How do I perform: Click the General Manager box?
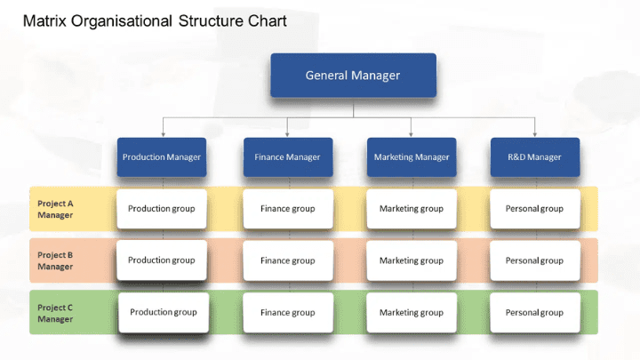353,76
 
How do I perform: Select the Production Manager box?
162,157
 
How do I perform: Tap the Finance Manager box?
287,157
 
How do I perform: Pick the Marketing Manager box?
411,157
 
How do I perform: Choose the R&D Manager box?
534,157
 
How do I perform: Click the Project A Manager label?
55,209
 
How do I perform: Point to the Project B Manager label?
55,260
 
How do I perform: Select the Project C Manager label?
55,313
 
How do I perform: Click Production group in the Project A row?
162,209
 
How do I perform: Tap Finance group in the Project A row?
287,209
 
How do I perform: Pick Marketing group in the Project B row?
411,260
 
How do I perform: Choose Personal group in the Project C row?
534,313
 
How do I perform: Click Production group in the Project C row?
163,313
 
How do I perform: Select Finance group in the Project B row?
287,260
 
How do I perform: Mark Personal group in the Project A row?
534,209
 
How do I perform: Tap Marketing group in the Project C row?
411,313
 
